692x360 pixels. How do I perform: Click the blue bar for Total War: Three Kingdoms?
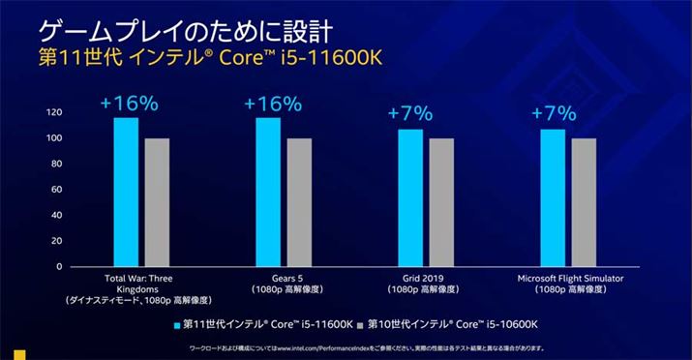tap(126, 192)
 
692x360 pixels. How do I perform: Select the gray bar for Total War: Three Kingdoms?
tap(156, 202)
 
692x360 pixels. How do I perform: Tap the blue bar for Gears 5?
tap(268, 192)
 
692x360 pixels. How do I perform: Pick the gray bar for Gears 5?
tap(298, 202)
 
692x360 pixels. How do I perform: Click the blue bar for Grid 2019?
tap(410, 197)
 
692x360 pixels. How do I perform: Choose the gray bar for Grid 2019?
tap(440, 202)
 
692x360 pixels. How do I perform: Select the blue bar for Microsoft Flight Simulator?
tap(553, 197)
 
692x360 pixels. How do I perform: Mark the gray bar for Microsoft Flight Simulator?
tap(584, 202)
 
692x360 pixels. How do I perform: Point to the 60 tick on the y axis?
tap(56, 190)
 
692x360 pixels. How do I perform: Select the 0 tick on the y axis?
tap(59, 266)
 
